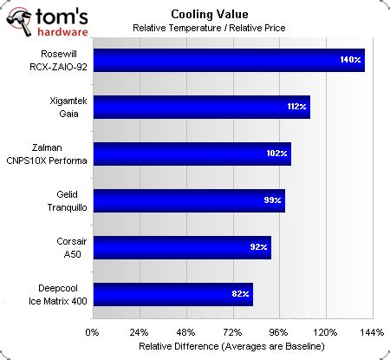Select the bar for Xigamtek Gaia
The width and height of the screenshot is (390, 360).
(x=200, y=107)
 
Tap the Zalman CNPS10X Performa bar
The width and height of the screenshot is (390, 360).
(x=191, y=154)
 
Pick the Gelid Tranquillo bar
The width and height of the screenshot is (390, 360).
(x=187, y=200)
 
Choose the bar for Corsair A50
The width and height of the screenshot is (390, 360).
(x=180, y=247)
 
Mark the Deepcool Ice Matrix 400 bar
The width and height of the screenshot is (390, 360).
(x=172, y=294)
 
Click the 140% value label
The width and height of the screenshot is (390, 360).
(x=349, y=60)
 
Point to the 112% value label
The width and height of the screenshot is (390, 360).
(x=295, y=107)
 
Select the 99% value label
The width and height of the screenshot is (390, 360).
(x=270, y=200)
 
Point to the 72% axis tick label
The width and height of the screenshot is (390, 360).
(x=232, y=331)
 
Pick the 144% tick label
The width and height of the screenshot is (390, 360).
(x=372, y=331)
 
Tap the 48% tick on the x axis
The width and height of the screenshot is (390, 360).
(x=185, y=331)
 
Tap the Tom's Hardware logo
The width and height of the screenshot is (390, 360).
(x=47, y=18)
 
